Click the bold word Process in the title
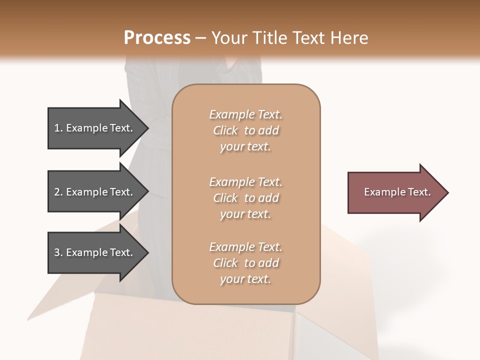pyautogui.click(x=157, y=38)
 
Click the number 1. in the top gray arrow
pyautogui.click(x=58, y=128)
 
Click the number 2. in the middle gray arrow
pyautogui.click(x=58, y=192)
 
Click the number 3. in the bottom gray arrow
pyautogui.click(x=58, y=252)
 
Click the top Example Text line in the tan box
pyautogui.click(x=245, y=114)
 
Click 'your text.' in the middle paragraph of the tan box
pyautogui.click(x=245, y=214)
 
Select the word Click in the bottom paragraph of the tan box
pyautogui.click(x=225, y=263)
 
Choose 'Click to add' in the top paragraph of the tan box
pyautogui.click(x=245, y=130)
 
